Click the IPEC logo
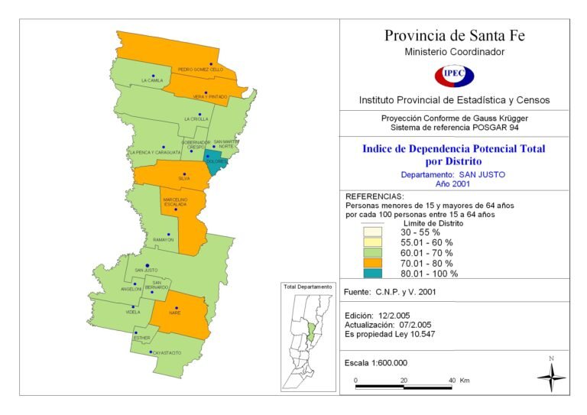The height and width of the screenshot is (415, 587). coord(454,76)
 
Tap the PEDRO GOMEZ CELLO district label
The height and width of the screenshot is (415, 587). coord(200,70)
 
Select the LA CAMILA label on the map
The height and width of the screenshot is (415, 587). coord(152,80)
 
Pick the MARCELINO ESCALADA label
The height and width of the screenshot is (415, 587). coord(175,202)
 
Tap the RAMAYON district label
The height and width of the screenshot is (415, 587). coord(164,240)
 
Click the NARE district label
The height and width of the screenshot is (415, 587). coord(175,313)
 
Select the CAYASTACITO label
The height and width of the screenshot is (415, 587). coord(167,352)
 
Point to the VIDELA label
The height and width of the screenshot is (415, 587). coord(134,312)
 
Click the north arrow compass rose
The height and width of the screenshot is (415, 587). coord(551,375)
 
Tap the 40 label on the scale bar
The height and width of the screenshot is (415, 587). coord(452,379)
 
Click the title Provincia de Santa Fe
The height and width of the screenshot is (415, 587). coord(454,36)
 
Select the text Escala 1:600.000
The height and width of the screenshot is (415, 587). coord(377,362)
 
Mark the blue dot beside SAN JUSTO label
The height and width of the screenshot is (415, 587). coord(148,264)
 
